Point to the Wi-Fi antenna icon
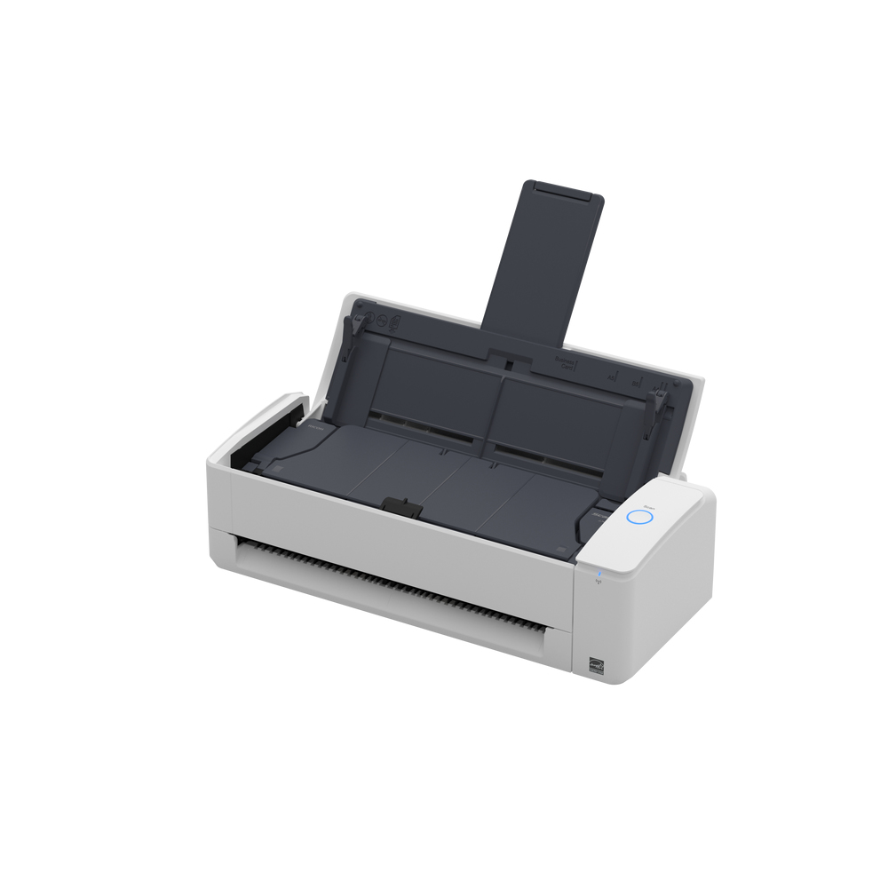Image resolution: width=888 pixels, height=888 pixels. click(599, 582)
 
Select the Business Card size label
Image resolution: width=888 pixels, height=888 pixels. click(565, 362)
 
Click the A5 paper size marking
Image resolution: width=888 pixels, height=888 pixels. click(611, 377)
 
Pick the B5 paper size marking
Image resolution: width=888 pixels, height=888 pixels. click(636, 383)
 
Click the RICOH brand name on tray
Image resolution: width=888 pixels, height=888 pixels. click(315, 428)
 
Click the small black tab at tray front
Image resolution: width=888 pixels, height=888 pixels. click(401, 505)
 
